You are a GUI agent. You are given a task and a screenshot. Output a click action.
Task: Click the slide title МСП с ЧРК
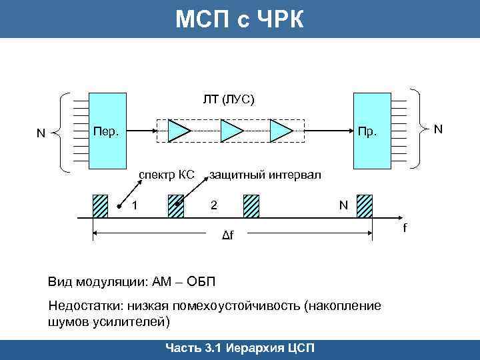coord(239,19)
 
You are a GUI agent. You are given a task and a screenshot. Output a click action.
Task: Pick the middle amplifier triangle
coord(231,131)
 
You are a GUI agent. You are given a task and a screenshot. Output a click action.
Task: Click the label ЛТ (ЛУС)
coord(229,99)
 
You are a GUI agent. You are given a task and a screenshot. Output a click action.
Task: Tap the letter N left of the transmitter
coord(41,133)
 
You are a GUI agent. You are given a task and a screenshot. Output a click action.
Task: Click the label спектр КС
coord(166,175)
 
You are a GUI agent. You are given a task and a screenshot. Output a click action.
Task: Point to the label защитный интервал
coord(265,175)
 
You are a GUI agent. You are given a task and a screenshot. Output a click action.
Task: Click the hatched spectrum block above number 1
coord(99,206)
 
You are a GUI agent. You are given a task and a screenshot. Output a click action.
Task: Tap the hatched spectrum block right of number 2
coord(251,206)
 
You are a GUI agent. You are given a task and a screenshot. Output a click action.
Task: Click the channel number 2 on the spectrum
coord(213,205)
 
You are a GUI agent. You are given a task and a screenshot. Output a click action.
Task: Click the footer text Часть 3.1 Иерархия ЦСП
coord(239,349)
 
